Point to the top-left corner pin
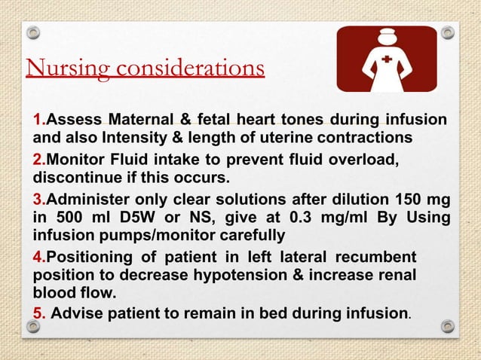(x=33, y=33)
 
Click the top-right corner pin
(x=447, y=33)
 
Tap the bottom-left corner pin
(x=33, y=326)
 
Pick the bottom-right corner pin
(x=447, y=326)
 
